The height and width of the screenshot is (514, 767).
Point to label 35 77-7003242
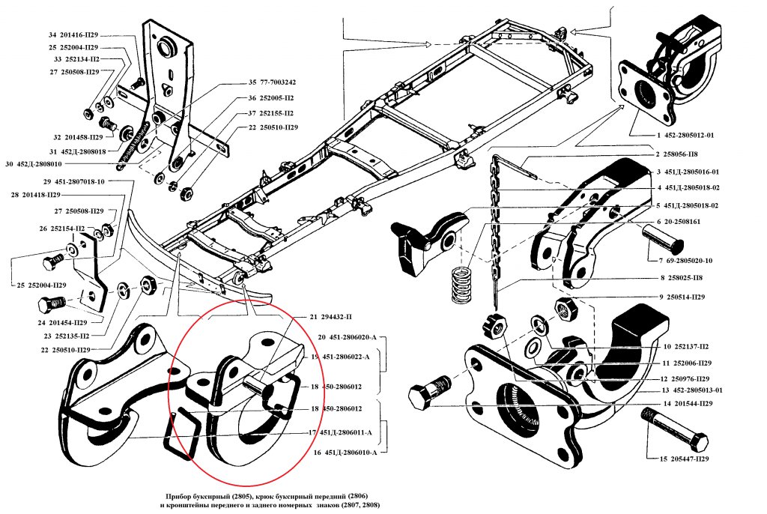click(x=272, y=82)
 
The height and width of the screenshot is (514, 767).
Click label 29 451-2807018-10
click(x=73, y=181)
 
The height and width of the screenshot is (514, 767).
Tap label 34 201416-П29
click(x=73, y=35)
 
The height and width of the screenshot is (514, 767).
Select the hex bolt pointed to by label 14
click(x=429, y=392)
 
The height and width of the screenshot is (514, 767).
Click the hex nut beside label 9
click(x=565, y=307)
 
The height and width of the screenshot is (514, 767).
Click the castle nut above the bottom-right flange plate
click(x=495, y=325)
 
